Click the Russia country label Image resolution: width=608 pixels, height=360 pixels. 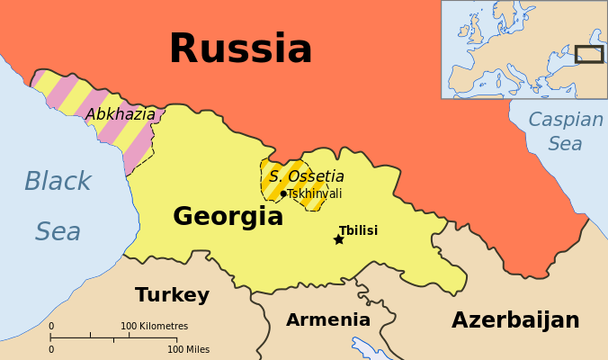click(x=240, y=49)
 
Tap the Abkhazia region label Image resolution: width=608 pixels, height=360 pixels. click(x=121, y=114)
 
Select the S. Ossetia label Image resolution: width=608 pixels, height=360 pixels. click(x=306, y=176)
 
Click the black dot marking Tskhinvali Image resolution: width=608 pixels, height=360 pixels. click(x=283, y=193)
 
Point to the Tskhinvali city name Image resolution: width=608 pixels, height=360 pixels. click(x=314, y=193)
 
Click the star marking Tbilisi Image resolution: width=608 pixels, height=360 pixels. click(x=339, y=239)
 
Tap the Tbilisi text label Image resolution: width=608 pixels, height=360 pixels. click(x=358, y=230)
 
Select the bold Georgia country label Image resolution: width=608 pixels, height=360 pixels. click(x=228, y=216)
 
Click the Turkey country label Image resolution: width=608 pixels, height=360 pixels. click(x=172, y=295)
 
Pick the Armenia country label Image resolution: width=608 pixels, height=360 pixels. click(x=328, y=319)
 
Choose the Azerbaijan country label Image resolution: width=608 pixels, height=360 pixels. click(x=515, y=320)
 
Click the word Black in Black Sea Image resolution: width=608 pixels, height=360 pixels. click(x=58, y=182)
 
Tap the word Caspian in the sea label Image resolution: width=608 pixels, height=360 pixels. click(x=566, y=120)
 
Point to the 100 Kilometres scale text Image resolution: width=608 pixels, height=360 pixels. click(x=155, y=326)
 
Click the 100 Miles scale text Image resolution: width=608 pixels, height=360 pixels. click(x=189, y=348)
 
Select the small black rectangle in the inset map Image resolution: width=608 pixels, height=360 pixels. click(x=589, y=54)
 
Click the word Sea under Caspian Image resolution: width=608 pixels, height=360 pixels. click(x=566, y=144)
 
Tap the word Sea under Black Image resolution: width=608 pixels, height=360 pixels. click(x=58, y=232)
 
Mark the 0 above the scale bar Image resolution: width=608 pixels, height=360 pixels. click(x=51, y=326)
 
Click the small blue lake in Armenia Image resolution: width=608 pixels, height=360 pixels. click(x=369, y=347)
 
